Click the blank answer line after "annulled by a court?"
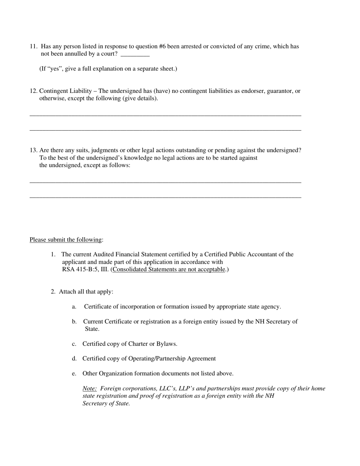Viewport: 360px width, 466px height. [135, 55]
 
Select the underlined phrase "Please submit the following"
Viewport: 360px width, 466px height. [66, 240]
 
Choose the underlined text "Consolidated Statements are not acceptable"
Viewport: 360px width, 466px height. [168, 269]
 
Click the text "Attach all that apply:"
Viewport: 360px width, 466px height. [86, 292]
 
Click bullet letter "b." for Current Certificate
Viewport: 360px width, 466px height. [74, 322]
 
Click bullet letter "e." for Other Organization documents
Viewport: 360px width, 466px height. [74, 374]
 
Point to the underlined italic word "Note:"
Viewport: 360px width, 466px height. [89, 388]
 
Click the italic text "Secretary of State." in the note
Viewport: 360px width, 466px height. [106, 403]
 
